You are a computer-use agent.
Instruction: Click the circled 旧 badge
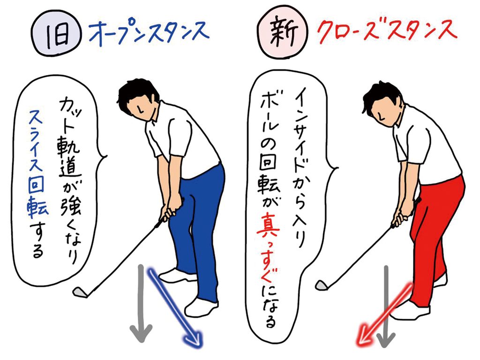coord(56,33)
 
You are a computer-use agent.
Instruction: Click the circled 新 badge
coord(282,33)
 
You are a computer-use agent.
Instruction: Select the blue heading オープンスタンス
coord(149,32)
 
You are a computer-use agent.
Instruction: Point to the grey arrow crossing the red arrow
coord(386,306)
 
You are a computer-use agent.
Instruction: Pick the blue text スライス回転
coord(37,163)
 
